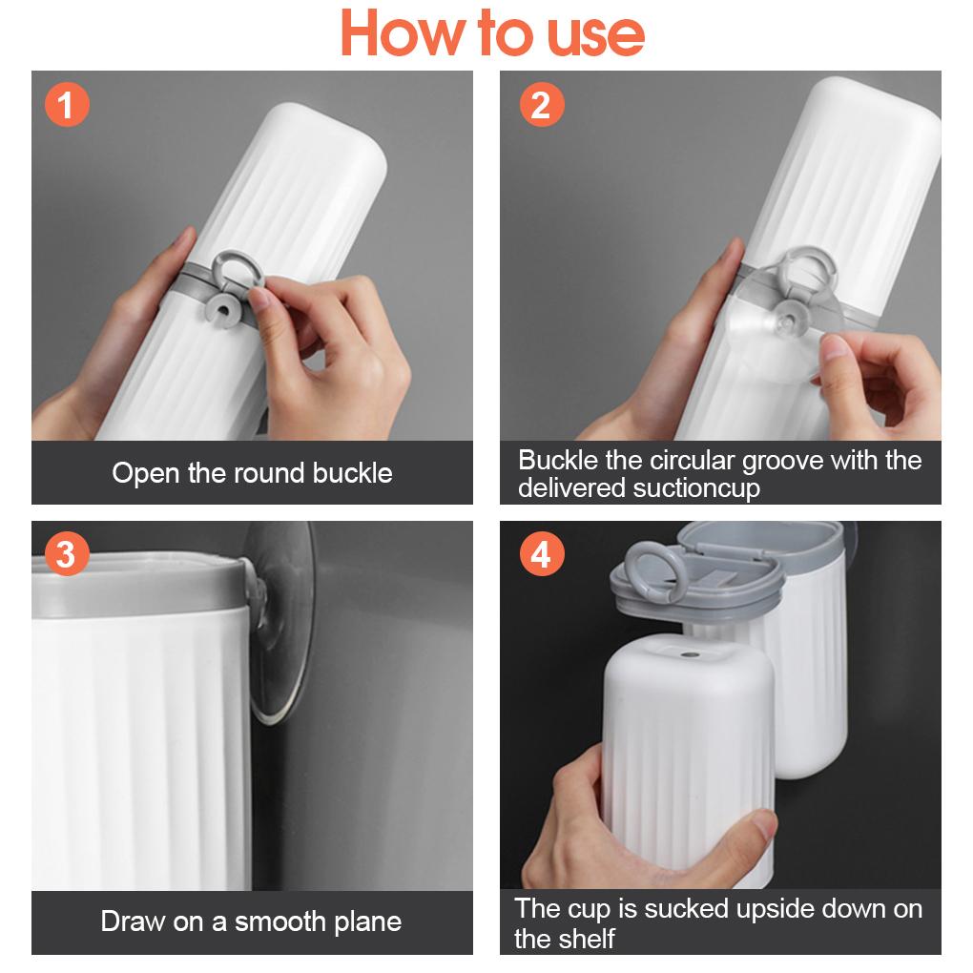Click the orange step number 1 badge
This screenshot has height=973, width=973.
click(x=66, y=105)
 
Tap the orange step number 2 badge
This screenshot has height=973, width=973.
click(x=541, y=105)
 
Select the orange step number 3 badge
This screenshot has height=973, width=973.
click(x=66, y=554)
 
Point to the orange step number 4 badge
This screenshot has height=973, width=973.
click(x=541, y=554)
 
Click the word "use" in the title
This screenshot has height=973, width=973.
click(x=595, y=36)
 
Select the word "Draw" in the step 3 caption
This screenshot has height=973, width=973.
click(x=134, y=921)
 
